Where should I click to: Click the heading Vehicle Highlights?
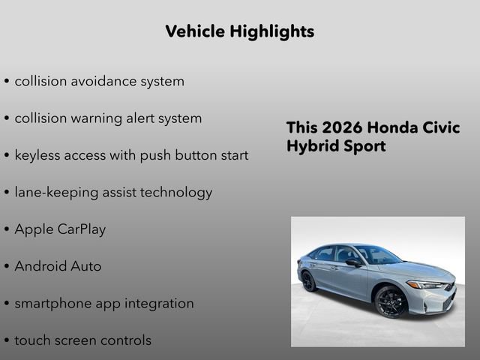pyautogui.click(x=239, y=31)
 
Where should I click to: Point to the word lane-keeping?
pyautogui.click(x=56, y=192)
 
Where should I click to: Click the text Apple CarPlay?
pyautogui.click(x=60, y=229)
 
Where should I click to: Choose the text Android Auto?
pyautogui.click(x=58, y=266)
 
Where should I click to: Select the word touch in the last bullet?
pyautogui.click(x=32, y=340)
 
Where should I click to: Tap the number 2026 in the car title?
pyautogui.click(x=341, y=127)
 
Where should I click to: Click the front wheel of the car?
pyautogui.click(x=391, y=301)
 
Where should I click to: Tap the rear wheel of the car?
pyautogui.click(x=308, y=281)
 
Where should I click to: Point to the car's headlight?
pyautogui.click(x=425, y=284)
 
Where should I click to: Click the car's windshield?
pyautogui.click(x=379, y=256)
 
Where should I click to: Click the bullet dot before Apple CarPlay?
pyautogui.click(x=7, y=230)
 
